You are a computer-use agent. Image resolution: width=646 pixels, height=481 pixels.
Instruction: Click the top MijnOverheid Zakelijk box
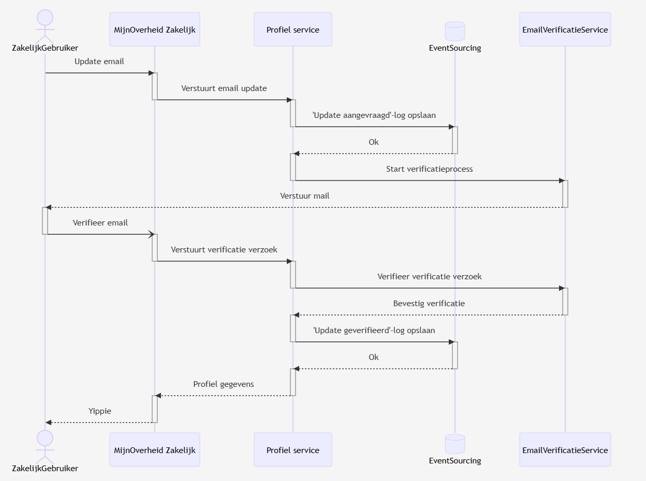155,29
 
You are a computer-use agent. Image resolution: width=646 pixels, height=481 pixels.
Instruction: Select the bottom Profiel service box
292,450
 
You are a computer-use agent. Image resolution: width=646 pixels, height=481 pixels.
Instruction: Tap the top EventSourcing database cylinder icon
455,32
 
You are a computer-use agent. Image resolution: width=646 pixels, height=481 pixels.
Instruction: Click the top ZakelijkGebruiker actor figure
45,26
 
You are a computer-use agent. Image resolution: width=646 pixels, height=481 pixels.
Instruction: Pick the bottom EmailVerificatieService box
565,450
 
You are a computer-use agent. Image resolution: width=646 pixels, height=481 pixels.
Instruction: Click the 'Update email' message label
99,62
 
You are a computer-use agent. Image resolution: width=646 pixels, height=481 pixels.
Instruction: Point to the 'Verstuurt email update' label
224,88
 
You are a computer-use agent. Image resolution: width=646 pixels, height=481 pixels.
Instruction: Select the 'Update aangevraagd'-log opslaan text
374,115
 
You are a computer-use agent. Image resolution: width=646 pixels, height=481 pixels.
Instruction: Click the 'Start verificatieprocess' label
429,169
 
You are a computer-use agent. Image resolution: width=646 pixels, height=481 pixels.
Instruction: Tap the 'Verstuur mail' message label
304,196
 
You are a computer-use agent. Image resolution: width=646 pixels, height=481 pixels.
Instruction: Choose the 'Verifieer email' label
100,223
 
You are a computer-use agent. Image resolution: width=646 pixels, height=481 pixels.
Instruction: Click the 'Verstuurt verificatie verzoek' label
224,250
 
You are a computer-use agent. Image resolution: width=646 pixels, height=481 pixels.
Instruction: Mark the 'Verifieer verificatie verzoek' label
429,277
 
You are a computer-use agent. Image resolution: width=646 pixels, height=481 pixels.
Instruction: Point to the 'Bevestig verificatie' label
429,304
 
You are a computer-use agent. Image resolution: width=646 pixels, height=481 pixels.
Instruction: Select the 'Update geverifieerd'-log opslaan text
374,330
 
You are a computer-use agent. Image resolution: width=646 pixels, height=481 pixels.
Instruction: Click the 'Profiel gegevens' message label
223,384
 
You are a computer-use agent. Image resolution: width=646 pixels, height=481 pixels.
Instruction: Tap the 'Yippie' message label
99,411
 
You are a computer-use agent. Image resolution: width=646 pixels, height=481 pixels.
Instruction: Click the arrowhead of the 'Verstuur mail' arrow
49,207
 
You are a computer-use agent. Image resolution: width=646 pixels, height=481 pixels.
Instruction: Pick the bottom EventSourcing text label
455,461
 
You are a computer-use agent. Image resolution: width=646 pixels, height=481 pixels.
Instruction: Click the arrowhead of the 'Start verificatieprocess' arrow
561,181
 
